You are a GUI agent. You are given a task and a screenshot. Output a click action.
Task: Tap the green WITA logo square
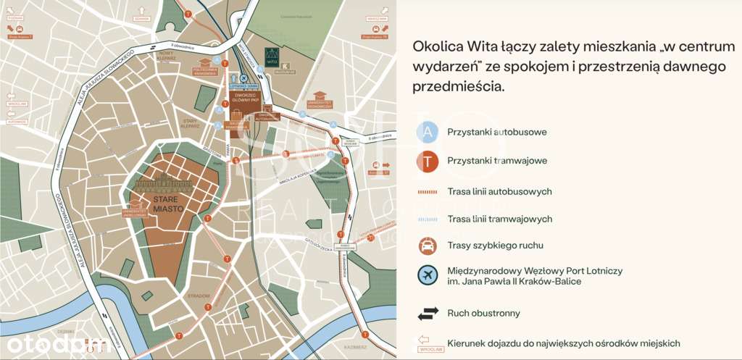click(272, 56)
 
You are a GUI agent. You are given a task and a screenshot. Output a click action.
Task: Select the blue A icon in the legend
click(428, 132)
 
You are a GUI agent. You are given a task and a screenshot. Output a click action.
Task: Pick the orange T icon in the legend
click(428, 162)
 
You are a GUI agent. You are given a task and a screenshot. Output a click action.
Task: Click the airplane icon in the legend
click(428, 275)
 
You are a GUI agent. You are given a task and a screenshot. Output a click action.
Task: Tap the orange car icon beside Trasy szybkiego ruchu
click(428, 245)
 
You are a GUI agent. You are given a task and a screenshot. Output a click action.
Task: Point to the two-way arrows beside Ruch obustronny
click(428, 314)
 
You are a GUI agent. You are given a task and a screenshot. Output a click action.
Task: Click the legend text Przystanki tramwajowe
click(496, 161)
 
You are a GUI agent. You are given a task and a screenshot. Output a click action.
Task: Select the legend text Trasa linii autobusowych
click(499, 191)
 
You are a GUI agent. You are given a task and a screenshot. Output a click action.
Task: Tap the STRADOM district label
click(201, 296)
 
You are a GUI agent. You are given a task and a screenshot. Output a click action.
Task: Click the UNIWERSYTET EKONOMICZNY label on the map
click(319, 105)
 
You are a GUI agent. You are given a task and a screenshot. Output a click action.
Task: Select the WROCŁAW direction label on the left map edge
click(17, 104)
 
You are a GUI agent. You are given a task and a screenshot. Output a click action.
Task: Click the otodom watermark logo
click(54, 343)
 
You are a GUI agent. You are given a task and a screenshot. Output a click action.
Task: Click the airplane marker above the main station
click(244, 78)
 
